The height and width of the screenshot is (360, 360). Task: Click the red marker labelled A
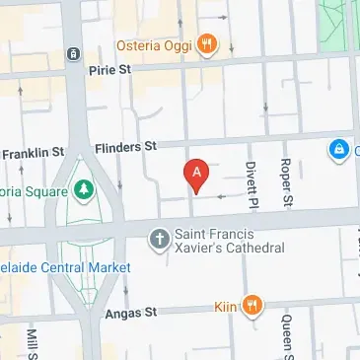(x=196, y=175)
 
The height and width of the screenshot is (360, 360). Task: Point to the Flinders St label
(x=125, y=147)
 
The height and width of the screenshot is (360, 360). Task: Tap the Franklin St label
(x=33, y=153)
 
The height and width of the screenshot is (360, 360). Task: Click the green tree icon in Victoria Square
(x=83, y=188)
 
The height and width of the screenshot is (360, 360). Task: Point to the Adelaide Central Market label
(x=65, y=267)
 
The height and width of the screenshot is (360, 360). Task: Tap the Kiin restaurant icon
(x=252, y=305)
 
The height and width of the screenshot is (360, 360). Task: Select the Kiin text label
(x=225, y=306)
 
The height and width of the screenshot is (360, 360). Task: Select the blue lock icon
(x=338, y=150)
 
